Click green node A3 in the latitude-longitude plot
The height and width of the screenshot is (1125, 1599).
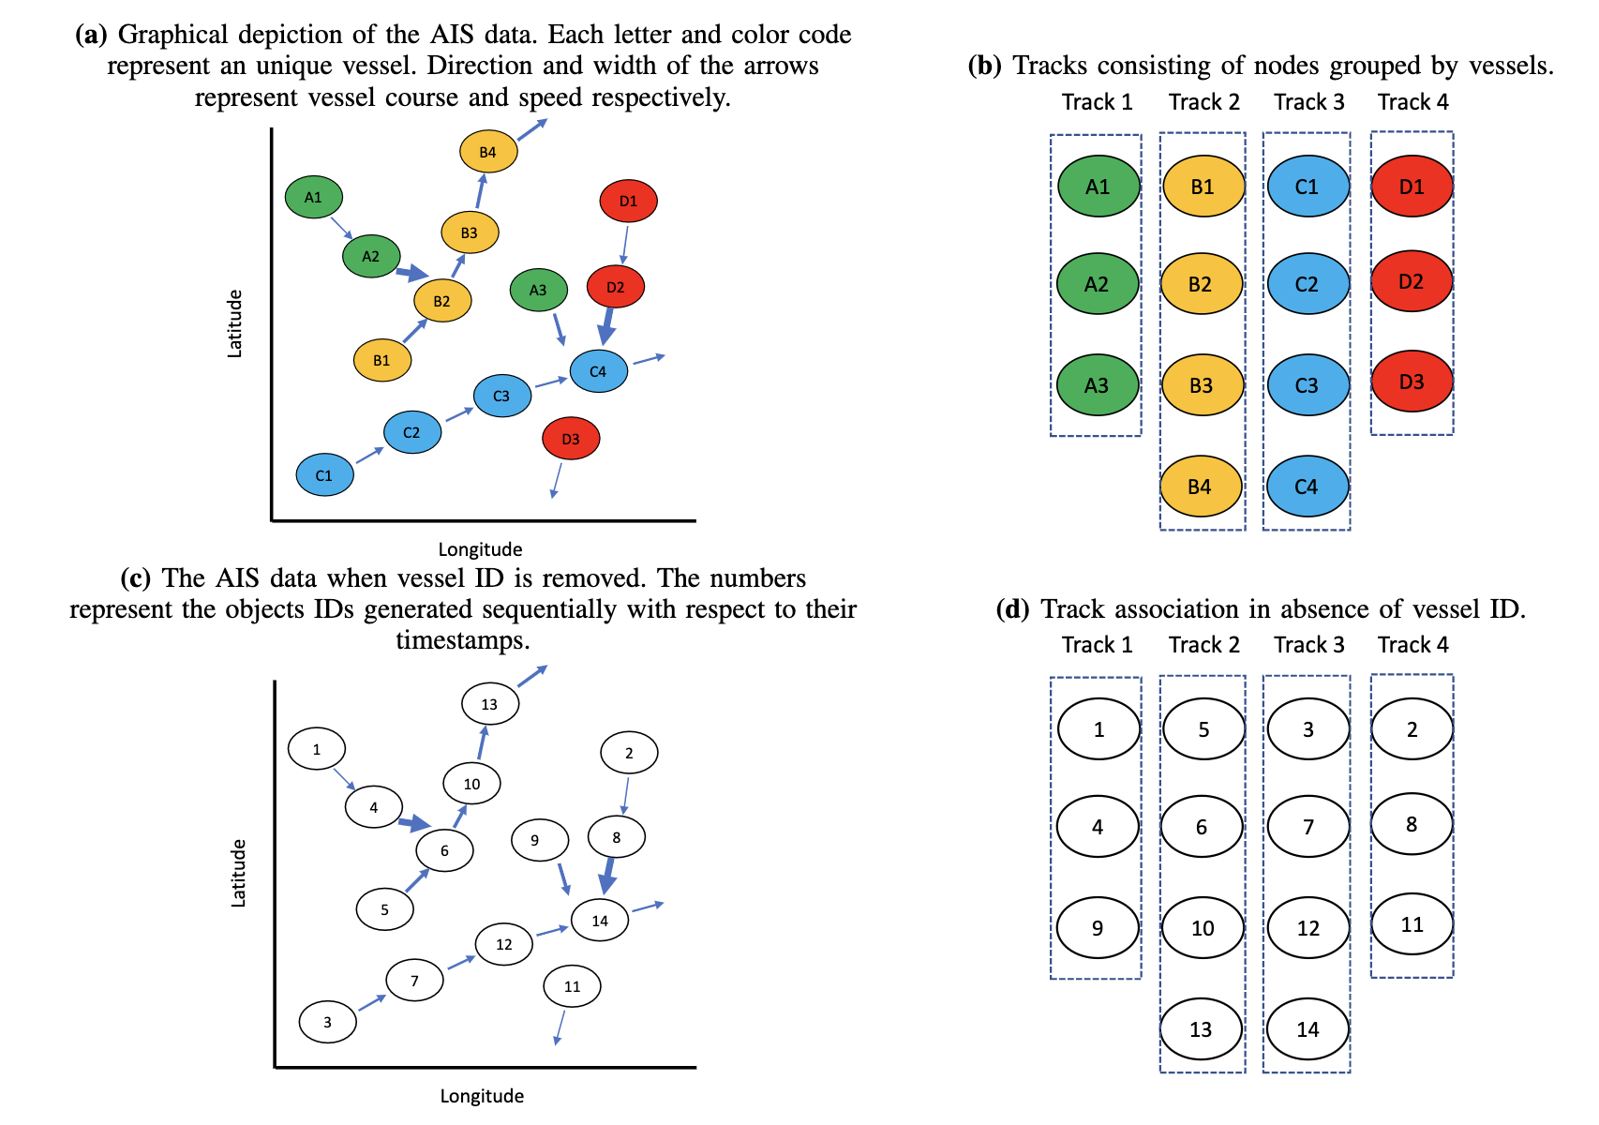coord(539,290)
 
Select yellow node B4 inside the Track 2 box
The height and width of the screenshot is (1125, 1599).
coord(1201,487)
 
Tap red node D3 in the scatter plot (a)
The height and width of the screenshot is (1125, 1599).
coord(571,439)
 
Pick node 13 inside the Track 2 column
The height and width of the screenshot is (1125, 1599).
coord(1202,1028)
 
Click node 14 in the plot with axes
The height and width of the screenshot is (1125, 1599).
coord(600,920)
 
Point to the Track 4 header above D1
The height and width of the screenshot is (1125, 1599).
coord(1412,102)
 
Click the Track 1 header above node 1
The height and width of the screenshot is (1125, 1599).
coord(1098,645)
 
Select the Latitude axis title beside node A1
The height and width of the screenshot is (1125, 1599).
coord(234,323)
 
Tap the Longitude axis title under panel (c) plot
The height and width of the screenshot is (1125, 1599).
coord(482,1096)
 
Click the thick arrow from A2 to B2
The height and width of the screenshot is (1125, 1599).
coord(412,273)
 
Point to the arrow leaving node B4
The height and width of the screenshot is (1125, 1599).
coord(532,129)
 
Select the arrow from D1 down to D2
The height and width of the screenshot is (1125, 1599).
coord(625,245)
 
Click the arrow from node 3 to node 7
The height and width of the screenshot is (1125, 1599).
coord(372,1002)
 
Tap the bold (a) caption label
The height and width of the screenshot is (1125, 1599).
coord(91,35)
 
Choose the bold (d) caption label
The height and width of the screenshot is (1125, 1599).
coord(1012,608)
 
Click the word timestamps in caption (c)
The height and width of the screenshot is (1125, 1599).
coord(463,640)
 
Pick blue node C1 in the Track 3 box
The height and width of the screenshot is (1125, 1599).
coord(1308,187)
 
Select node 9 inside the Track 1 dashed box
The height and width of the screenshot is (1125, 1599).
coord(1098,927)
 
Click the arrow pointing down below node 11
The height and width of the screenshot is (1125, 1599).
coord(560,1027)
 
